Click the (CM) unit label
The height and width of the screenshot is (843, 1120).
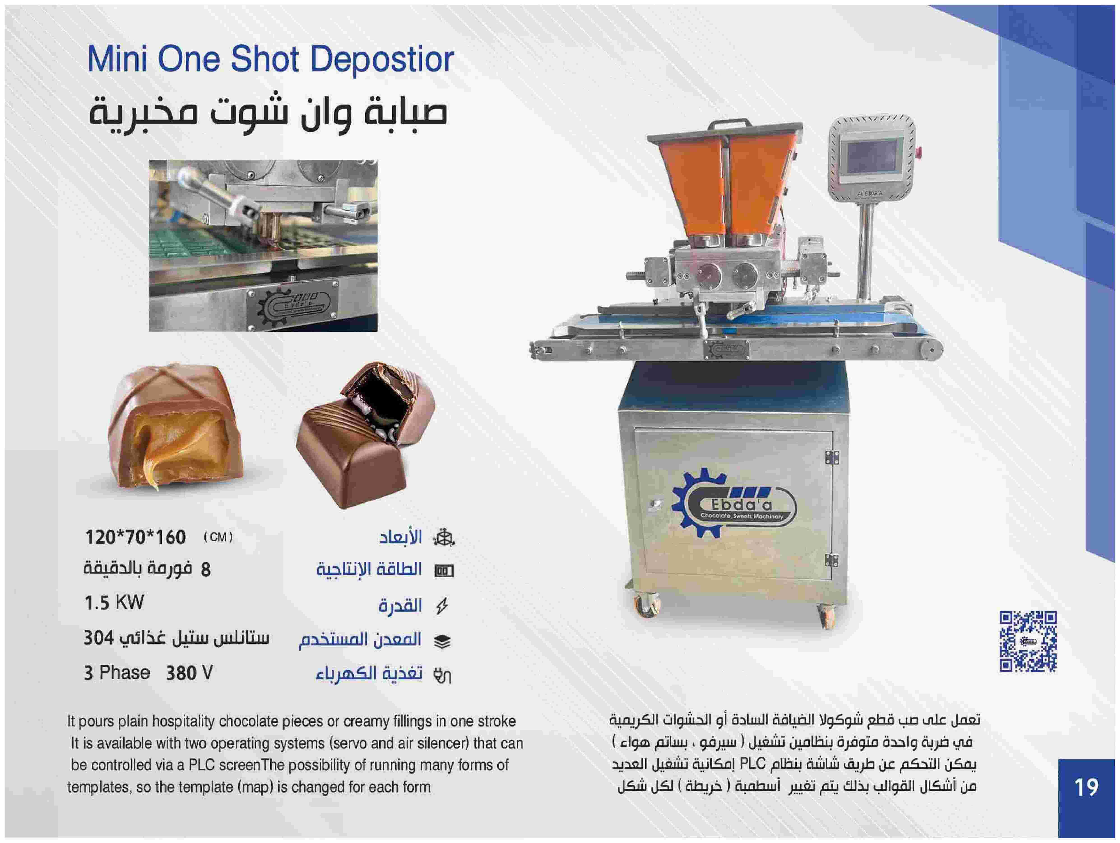[x=218, y=537]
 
